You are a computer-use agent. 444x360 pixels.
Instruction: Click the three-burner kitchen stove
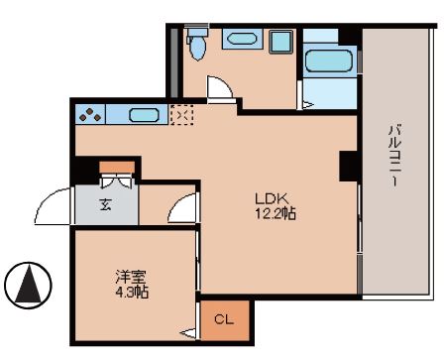tap(90, 115)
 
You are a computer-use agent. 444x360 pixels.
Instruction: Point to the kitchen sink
tap(145, 115)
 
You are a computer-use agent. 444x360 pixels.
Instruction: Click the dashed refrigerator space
tap(183, 116)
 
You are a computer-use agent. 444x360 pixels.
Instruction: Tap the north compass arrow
tap(28, 286)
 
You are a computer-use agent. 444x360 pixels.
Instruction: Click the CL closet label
tap(225, 319)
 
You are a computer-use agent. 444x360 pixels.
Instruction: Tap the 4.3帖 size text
tap(129, 294)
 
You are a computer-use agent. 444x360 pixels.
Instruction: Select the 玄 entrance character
tap(105, 206)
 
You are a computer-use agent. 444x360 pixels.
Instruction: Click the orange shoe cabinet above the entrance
tap(117, 167)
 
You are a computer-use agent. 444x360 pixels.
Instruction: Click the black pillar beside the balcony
tap(349, 165)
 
